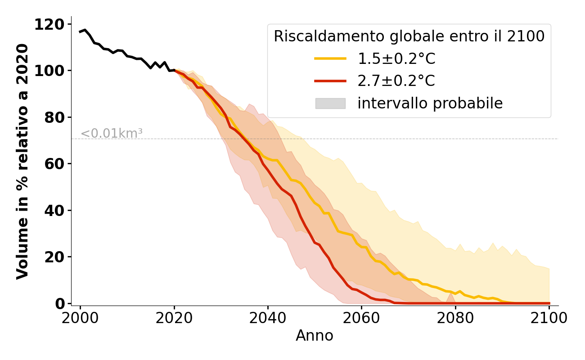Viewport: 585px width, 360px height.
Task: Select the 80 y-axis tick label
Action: pyautogui.click(x=55, y=117)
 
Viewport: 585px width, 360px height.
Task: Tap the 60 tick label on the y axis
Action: pyautogui.click(x=55, y=164)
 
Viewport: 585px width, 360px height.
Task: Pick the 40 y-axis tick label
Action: pyautogui.click(x=55, y=210)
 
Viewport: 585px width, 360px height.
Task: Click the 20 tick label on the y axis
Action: pyautogui.click(x=55, y=257)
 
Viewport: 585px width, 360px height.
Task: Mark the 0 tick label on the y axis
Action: pyautogui.click(x=60, y=303)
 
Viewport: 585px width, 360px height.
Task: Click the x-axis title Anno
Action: pyautogui.click(x=315, y=336)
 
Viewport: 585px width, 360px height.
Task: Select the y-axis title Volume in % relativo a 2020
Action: pyautogui.click(x=22, y=161)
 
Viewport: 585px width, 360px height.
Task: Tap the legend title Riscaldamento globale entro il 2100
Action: pyautogui.click(x=409, y=36)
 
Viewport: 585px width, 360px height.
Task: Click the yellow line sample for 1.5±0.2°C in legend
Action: pyautogui.click(x=330, y=58)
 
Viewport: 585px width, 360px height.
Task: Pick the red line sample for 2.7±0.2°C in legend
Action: pyautogui.click(x=330, y=81)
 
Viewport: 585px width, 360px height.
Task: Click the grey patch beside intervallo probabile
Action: pyautogui.click(x=330, y=103)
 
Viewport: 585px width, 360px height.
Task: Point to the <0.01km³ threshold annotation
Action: pyautogui.click(x=112, y=134)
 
